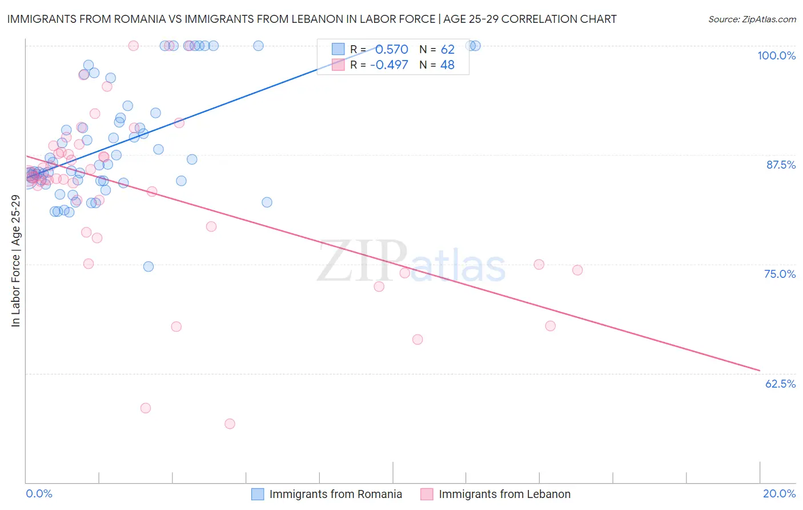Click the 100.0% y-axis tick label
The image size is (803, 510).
pyautogui.click(x=776, y=55)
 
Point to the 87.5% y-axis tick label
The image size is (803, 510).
pyautogui.click(x=781, y=165)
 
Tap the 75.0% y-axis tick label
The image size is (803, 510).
pyautogui.click(x=780, y=274)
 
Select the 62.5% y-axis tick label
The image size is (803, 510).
pyautogui.click(x=780, y=384)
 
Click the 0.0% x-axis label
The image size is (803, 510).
pyautogui.click(x=39, y=493)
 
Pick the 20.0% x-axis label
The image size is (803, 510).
pyautogui.click(x=779, y=493)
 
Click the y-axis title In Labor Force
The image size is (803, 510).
pyautogui.click(x=15, y=261)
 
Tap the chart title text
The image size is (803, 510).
pyautogui.click(x=312, y=19)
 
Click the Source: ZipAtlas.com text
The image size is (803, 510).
pyautogui.click(x=752, y=19)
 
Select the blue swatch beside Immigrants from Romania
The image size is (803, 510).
pyautogui.click(x=258, y=494)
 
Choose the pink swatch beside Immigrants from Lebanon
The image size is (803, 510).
pyautogui.click(x=427, y=494)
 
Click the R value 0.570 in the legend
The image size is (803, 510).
pyautogui.click(x=391, y=50)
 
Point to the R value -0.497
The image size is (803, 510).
pyautogui.click(x=389, y=65)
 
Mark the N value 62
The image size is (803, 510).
pyautogui.click(x=447, y=50)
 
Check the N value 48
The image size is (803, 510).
pyautogui.click(x=447, y=65)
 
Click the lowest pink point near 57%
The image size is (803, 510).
pyautogui.click(x=230, y=424)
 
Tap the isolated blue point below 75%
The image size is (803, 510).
pyautogui.click(x=148, y=266)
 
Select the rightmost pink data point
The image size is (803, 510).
pyautogui.click(x=577, y=270)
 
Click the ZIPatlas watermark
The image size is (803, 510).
pyautogui.click(x=411, y=262)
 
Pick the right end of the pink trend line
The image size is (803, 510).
pyautogui.click(x=760, y=370)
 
